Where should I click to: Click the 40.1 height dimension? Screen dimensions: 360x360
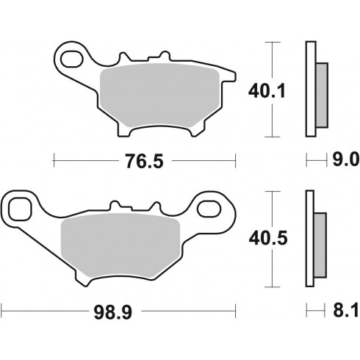pyautogui.click(x=267, y=91)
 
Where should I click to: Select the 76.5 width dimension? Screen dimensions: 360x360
pyautogui.click(x=144, y=161)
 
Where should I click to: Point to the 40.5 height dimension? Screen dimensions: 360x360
pyautogui.click(x=268, y=238)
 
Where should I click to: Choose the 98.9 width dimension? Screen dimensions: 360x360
pyautogui.click(x=113, y=312)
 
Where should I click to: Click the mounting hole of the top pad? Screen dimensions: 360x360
pyautogui.click(x=71, y=59)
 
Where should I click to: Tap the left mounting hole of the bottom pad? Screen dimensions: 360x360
pyautogui.click(x=20, y=209)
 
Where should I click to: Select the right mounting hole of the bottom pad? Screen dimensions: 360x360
pyautogui.click(x=208, y=209)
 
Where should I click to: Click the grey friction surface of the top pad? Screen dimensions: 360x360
pyautogui.click(x=159, y=95)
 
